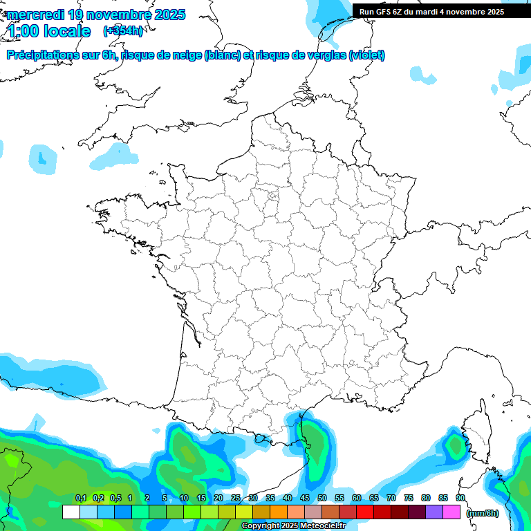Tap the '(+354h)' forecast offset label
click(122, 31)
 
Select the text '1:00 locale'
click(49, 31)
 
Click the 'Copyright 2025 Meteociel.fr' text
click(293, 526)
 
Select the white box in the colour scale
click(71, 512)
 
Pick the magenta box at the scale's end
click(451, 512)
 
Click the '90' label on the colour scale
click(460, 498)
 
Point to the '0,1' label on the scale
click(81, 498)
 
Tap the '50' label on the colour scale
click(322, 498)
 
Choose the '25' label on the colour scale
click(235, 498)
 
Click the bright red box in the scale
click(365, 512)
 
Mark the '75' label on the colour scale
click(408, 498)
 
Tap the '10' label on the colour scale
click(183, 498)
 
